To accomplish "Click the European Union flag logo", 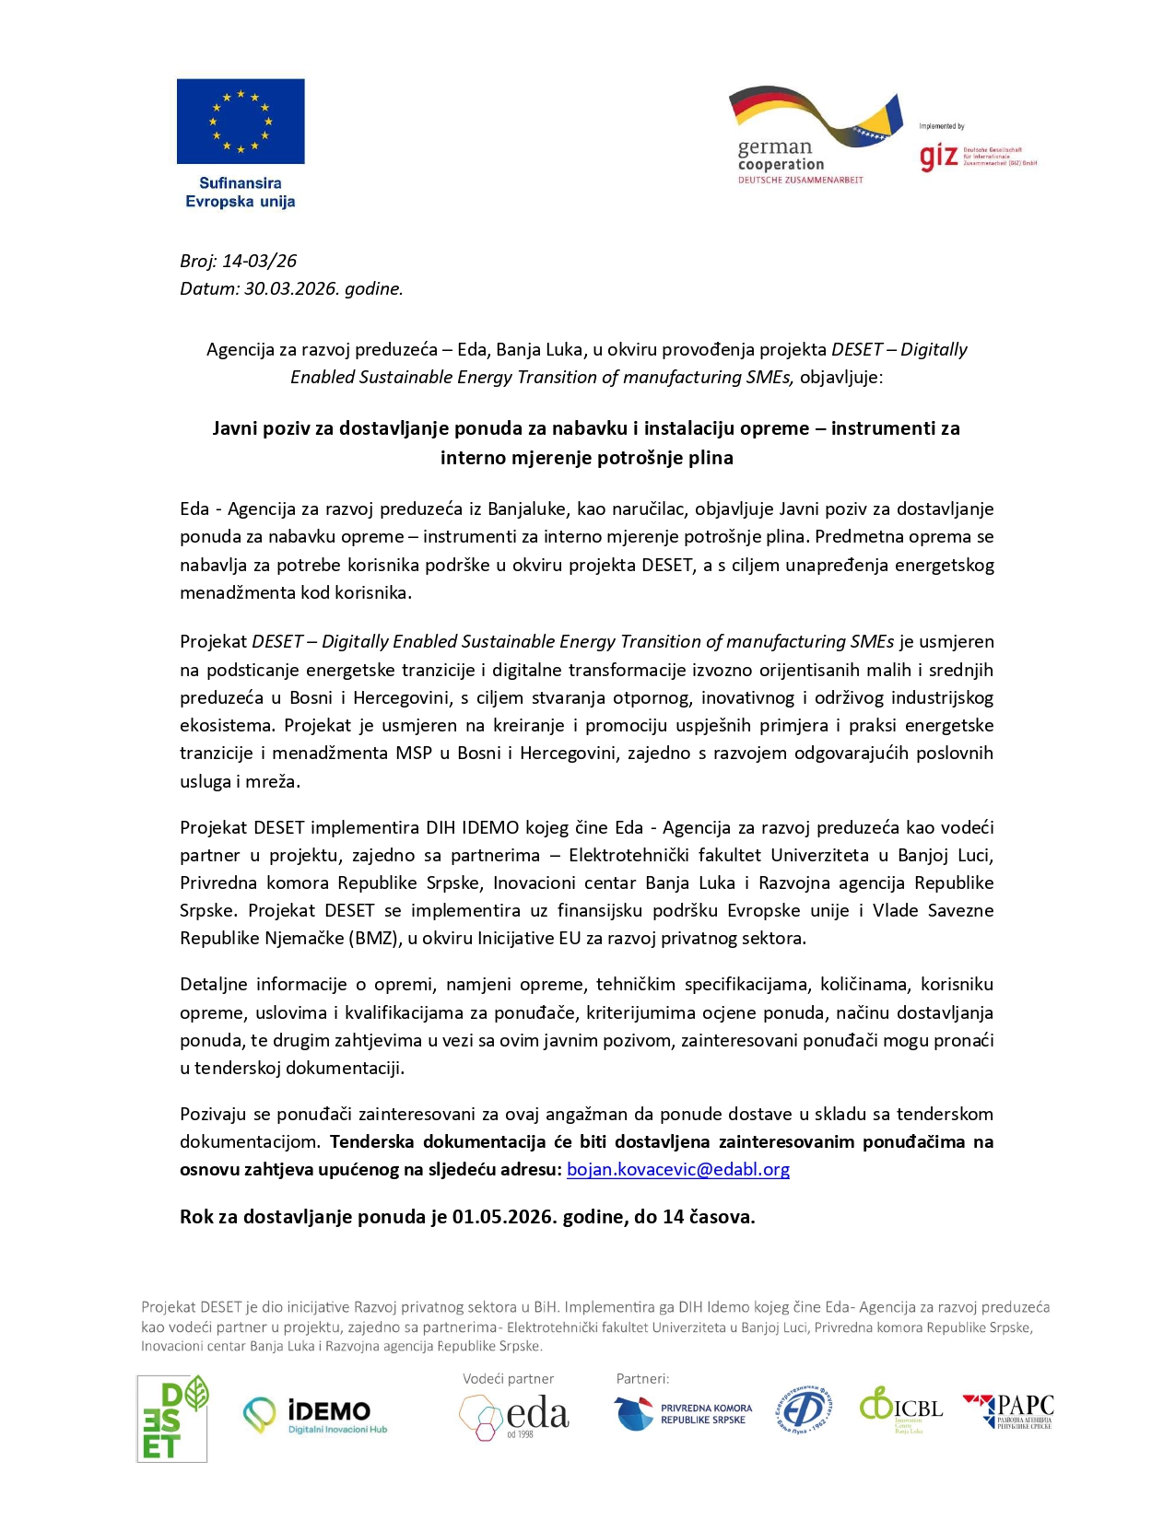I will pos(241,122).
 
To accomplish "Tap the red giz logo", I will pos(939,157).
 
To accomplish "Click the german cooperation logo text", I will pos(780,156).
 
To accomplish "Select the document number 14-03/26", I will pos(259,262).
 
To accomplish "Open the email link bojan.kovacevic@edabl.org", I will pos(677,1170).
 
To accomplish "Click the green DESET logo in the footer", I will pos(172,1419).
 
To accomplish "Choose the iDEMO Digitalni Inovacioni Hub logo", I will pos(315,1416).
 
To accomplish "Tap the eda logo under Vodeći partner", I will pos(514,1416).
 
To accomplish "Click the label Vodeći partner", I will pos(508,1379).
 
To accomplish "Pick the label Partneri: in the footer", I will pos(642,1379).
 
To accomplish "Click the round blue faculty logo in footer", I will pos(804,1409).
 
